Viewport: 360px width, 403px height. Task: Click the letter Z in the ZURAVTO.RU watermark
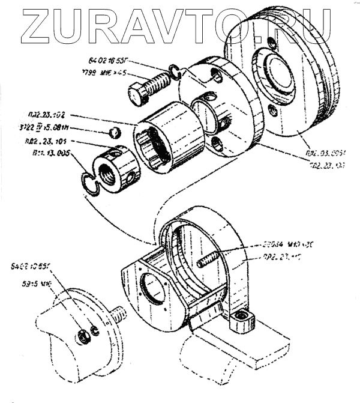(x=43, y=27)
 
